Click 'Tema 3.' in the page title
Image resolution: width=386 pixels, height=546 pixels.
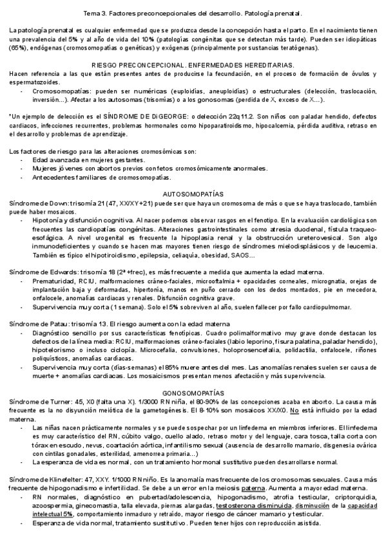[x=97, y=14]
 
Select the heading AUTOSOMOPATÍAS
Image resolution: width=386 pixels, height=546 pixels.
[x=193, y=194]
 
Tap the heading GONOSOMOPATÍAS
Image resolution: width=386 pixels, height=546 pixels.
[x=193, y=392]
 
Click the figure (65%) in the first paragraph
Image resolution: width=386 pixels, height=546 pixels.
[x=19, y=47]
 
